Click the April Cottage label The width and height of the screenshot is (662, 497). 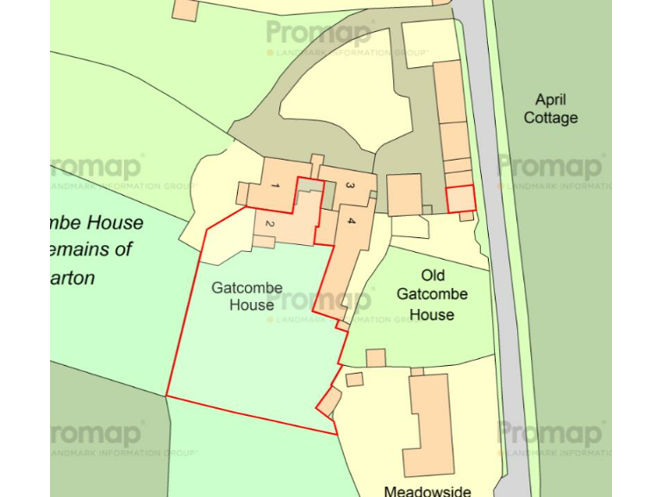(x=551, y=109)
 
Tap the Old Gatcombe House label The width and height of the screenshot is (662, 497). (x=432, y=295)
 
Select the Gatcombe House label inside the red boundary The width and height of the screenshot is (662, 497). (x=243, y=296)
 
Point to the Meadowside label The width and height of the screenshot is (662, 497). (x=428, y=491)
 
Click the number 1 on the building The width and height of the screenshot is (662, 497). (x=275, y=186)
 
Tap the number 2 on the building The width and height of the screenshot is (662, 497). (x=270, y=224)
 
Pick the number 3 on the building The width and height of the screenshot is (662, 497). (x=350, y=186)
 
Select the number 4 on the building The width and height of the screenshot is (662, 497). (x=351, y=222)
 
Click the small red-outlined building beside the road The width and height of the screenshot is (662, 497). (x=460, y=198)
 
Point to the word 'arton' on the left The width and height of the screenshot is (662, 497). (x=72, y=279)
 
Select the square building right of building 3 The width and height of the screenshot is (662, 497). (x=404, y=194)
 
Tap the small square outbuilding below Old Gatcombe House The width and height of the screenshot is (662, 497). (x=375, y=357)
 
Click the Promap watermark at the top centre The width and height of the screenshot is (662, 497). (x=319, y=34)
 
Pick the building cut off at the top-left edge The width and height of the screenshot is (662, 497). (x=185, y=9)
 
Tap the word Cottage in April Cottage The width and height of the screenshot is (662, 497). (x=551, y=118)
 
